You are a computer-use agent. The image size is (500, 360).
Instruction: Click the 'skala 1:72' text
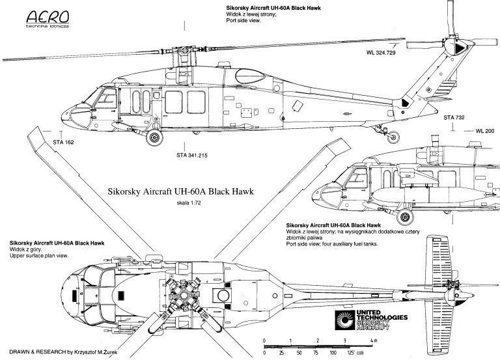(189, 204)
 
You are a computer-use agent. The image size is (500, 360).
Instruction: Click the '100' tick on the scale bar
(333, 352)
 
